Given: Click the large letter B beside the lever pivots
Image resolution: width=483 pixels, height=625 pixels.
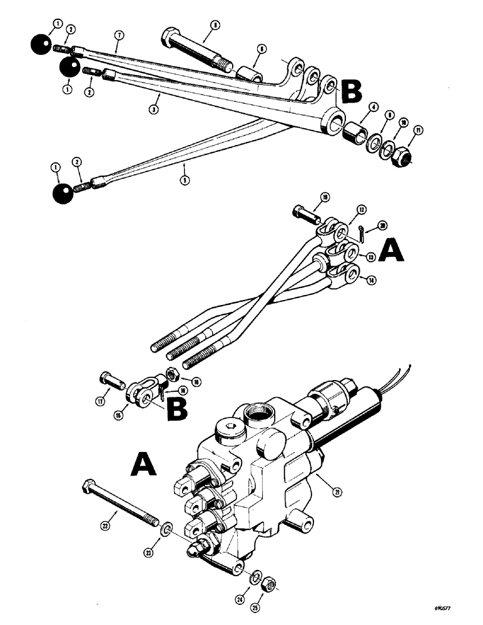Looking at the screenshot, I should click(x=350, y=91).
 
